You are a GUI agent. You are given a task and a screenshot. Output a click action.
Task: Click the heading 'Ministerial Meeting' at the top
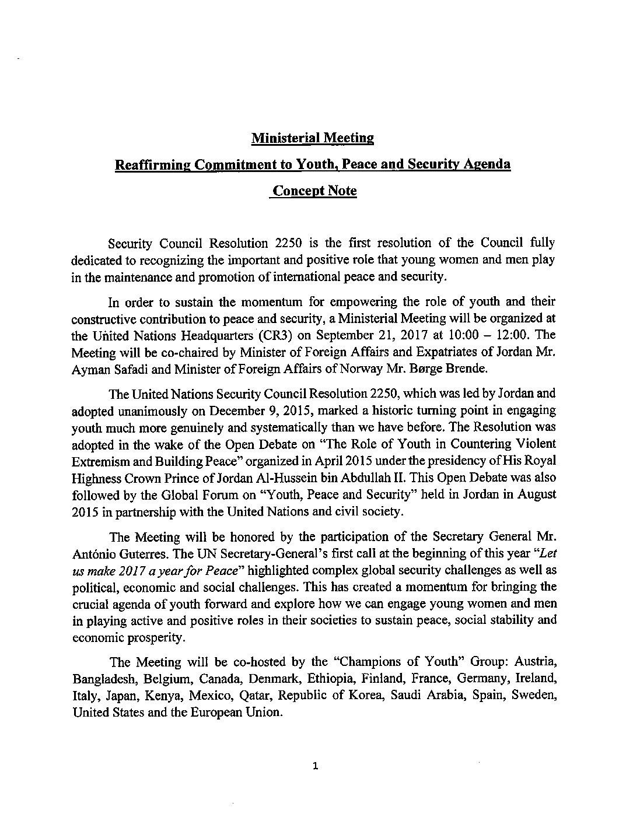point(312,138)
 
